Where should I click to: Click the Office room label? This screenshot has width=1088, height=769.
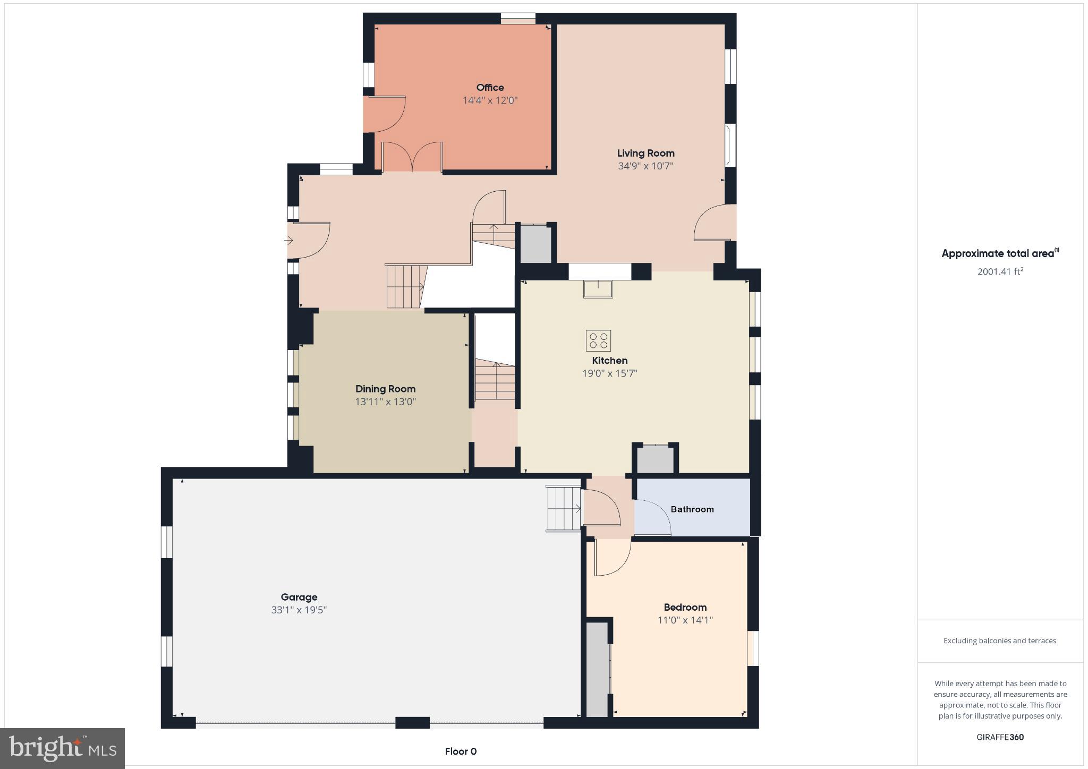pos(490,88)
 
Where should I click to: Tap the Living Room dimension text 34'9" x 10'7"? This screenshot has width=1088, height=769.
pos(645,166)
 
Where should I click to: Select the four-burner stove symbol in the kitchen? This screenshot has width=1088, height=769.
pos(598,341)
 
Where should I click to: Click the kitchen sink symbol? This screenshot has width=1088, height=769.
pos(598,289)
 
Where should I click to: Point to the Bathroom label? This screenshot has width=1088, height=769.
pos(692,509)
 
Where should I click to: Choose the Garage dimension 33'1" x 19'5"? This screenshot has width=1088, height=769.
pos(299,610)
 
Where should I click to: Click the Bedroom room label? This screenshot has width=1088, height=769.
pos(685,608)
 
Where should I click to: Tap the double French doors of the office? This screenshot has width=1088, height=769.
pos(412,157)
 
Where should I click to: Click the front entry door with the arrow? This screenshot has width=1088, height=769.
pos(308,241)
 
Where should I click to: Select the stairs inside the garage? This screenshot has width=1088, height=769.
pos(564,509)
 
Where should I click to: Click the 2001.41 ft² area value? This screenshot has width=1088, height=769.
pos(1000,272)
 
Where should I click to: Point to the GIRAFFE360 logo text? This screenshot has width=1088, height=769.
pos(1000,737)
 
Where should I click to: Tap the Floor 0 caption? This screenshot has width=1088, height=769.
pos(461,751)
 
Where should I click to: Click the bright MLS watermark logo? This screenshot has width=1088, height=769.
pos(63,748)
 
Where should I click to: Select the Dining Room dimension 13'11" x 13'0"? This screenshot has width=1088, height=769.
pos(385,402)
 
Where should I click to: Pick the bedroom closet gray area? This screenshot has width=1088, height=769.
pos(597,669)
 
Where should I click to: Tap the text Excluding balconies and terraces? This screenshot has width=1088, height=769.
pos(999,641)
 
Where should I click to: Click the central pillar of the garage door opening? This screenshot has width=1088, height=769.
pos(412,722)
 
